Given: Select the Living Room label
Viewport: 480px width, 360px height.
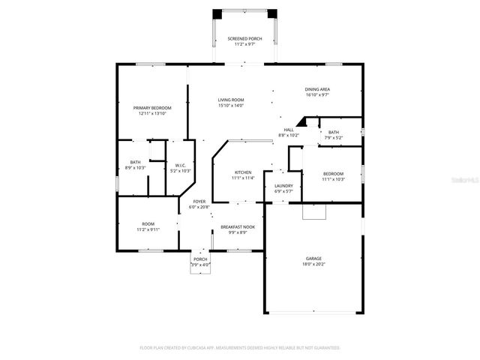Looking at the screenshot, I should tap(231, 100).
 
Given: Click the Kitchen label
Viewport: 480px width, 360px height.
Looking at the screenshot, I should tap(243, 172).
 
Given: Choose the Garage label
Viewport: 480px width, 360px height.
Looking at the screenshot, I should tap(313, 258).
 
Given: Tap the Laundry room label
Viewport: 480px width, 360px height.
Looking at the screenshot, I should tap(283, 186).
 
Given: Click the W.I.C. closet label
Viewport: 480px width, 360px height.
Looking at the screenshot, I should tap(181, 166).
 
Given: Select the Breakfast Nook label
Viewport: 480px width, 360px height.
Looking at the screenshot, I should tap(237, 227).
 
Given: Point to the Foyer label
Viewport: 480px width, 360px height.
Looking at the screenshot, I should tap(199, 202).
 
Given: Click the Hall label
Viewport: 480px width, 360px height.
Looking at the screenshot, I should tap(289, 130).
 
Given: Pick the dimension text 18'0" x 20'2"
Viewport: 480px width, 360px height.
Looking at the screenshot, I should tap(313, 264).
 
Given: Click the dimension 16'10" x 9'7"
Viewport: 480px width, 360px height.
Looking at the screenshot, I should tap(317, 95).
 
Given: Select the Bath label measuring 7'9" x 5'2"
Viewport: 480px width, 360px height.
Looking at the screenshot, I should tap(333, 133).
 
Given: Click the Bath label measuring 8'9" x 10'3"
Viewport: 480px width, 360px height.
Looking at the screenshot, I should tap(135, 162).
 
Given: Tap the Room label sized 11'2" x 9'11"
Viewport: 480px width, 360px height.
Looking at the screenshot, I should tap(148, 224).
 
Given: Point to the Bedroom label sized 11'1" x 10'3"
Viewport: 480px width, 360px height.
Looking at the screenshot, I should tap(333, 174).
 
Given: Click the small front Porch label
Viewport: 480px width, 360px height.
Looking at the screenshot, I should tap(200, 259).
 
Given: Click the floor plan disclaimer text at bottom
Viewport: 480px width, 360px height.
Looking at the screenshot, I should tap(240, 348).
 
